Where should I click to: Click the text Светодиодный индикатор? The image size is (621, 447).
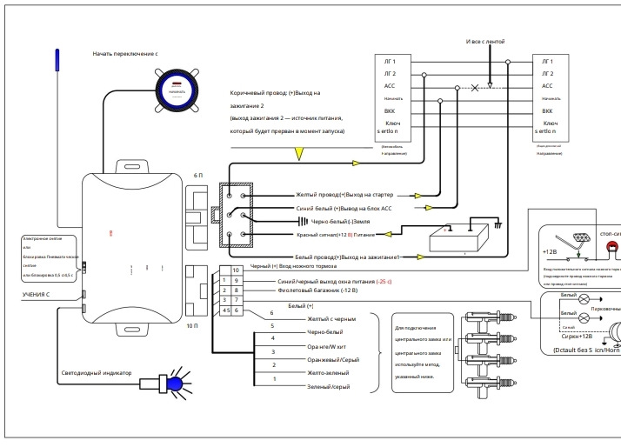click(96, 373)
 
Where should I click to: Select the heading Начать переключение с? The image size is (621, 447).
click(125, 53)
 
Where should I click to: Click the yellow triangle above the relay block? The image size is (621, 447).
click(298, 154)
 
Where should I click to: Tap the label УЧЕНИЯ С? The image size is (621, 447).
click(36, 295)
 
